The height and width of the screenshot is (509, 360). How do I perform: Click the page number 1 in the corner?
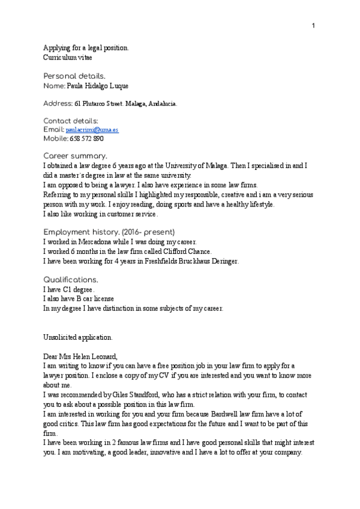pyautogui.click(x=313, y=25)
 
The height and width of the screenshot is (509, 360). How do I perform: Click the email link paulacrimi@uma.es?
pyautogui.click(x=100, y=130)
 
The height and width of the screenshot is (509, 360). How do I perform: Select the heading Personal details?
pyautogui.click(x=74, y=76)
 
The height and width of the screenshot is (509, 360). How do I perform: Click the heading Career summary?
pyautogui.click(x=75, y=156)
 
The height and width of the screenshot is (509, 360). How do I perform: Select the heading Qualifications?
pyautogui.click(x=70, y=280)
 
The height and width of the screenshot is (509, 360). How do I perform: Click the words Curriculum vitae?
pyautogui.click(x=67, y=58)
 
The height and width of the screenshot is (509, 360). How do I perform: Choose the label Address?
pyautogui.click(x=58, y=104)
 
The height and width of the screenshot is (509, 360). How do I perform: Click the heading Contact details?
pyautogui.click(x=71, y=121)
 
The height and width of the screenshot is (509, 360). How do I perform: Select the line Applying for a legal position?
pyautogui.click(x=86, y=48)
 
